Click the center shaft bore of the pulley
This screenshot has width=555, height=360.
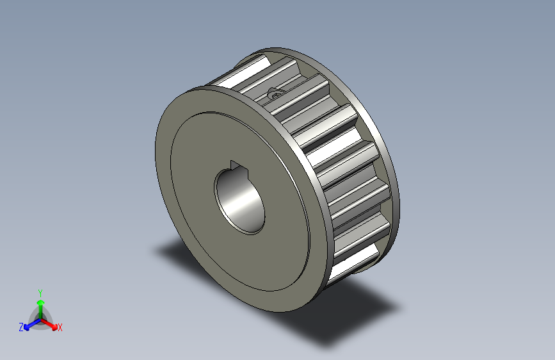coord(239,199)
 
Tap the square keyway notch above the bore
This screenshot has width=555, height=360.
coord(237,166)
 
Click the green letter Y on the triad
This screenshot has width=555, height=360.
coord(40,292)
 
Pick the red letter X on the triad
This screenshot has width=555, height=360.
coord(60,328)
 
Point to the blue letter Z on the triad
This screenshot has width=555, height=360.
coord(21,327)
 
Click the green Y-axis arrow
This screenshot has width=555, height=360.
coord(40,305)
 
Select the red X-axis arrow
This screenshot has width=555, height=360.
coord(51,323)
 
